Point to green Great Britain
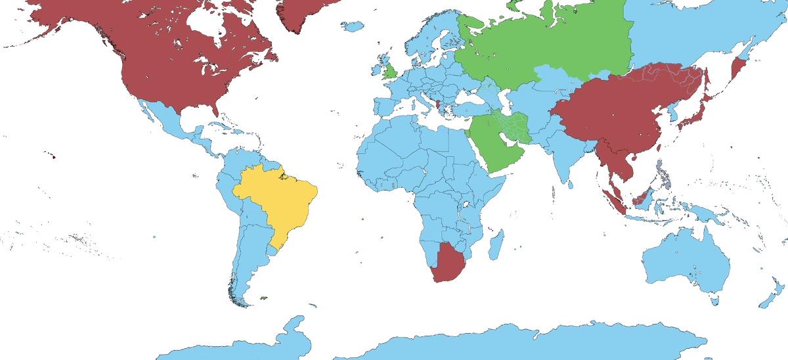pyautogui.click(x=389, y=70)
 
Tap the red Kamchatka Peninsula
pyautogui.click(x=738, y=66)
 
